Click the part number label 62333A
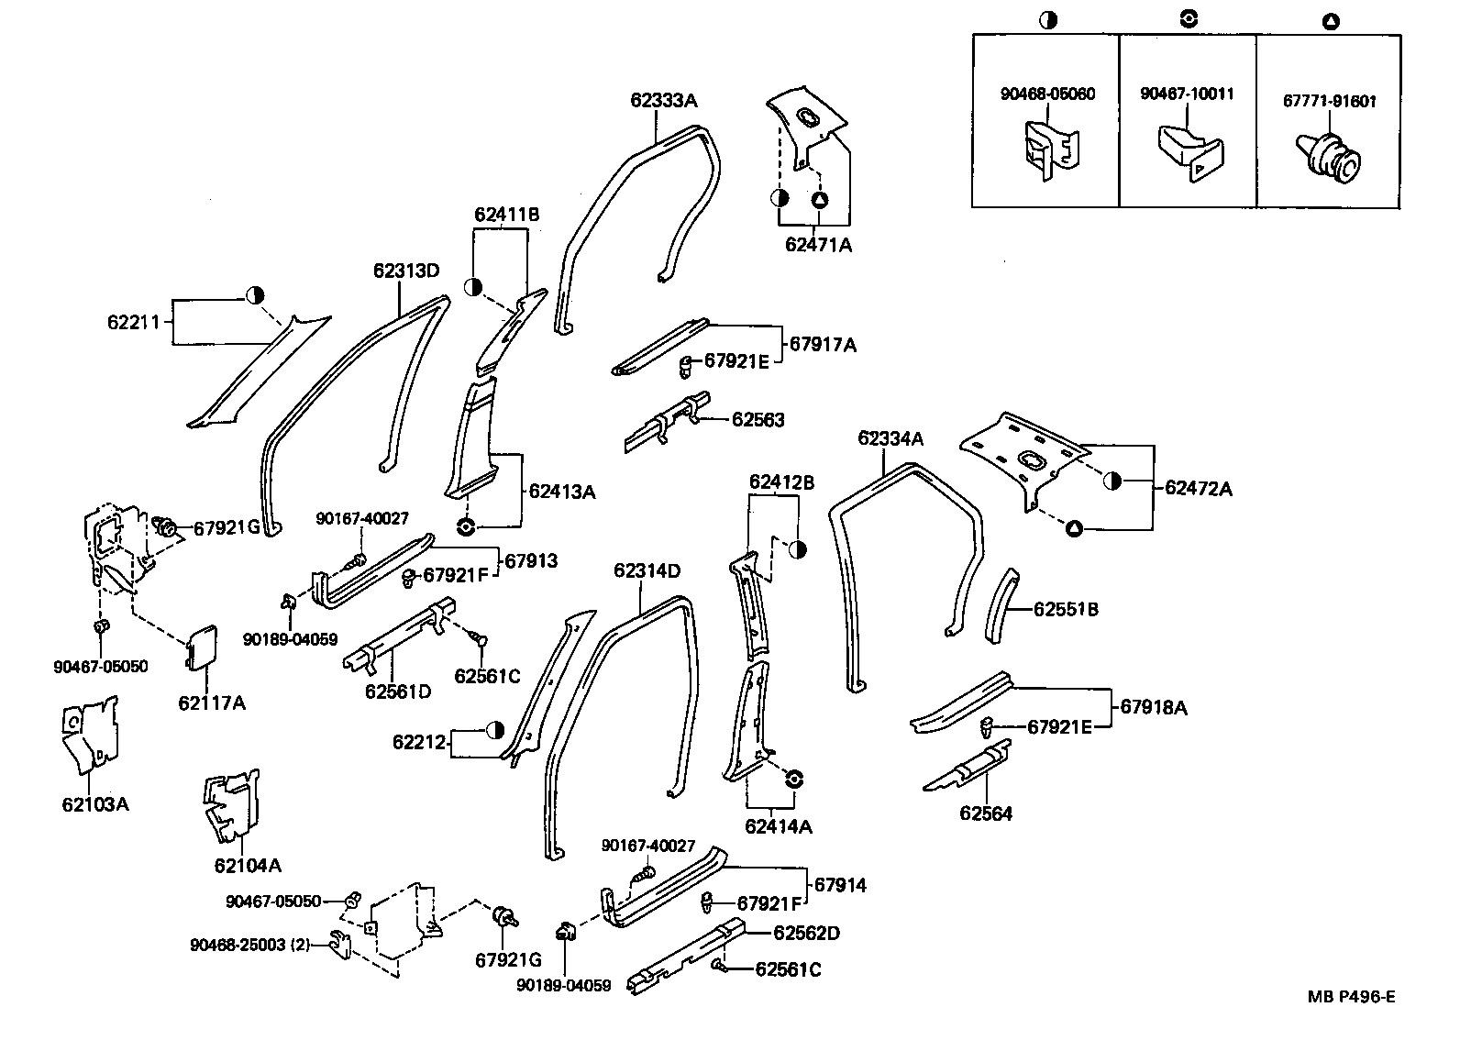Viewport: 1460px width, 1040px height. [x=663, y=101]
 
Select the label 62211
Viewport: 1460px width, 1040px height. [x=134, y=322]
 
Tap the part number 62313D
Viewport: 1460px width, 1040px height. [x=406, y=271]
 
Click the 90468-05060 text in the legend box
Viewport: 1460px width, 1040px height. [x=1046, y=94]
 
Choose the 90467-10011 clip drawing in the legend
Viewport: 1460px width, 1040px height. [x=1189, y=151]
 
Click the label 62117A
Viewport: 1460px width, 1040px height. [x=212, y=703]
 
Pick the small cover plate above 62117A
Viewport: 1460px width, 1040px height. [x=203, y=647]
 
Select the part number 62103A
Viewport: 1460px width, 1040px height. [x=95, y=804]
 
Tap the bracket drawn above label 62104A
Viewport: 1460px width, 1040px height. [x=230, y=806]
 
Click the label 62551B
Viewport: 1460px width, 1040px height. [x=1066, y=609]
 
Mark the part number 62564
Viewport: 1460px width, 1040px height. [x=986, y=813]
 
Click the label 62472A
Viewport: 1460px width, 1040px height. [x=1199, y=489]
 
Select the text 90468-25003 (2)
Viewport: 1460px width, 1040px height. [x=249, y=945]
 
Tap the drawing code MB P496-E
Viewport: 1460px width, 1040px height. [x=1351, y=998]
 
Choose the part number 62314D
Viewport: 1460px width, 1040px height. [x=647, y=571]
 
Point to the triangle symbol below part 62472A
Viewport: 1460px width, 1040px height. [x=1074, y=528]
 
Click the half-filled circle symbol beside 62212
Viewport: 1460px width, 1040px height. [x=495, y=730]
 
